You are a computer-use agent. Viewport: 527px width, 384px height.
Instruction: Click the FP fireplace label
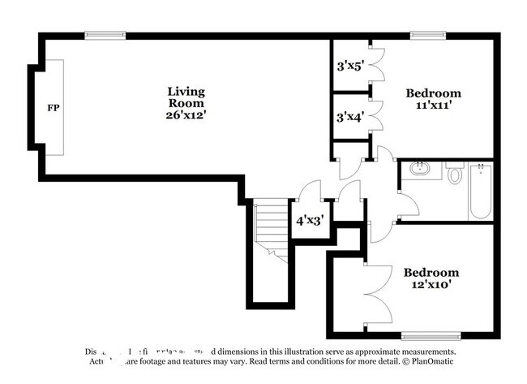point(53,107)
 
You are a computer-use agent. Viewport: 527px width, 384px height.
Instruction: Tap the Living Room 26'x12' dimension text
point(186,115)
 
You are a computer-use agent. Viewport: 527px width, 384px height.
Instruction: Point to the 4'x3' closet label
point(309,220)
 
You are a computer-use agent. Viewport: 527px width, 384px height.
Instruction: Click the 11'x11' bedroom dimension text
point(433,106)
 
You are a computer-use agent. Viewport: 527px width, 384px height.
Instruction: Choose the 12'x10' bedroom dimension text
point(431,286)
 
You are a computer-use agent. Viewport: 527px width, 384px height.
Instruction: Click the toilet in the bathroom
point(454,173)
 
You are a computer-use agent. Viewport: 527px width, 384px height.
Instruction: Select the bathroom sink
point(421,170)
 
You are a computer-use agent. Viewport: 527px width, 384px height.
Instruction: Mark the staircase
point(271,231)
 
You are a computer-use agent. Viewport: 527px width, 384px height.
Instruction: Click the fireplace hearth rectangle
point(54,107)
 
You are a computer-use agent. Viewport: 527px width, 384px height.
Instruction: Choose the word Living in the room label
point(186,91)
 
